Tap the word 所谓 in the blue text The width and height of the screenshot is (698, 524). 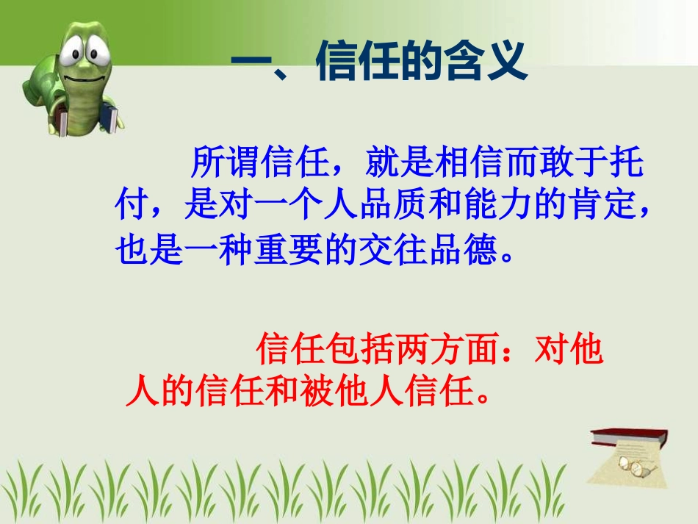pos(224,162)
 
